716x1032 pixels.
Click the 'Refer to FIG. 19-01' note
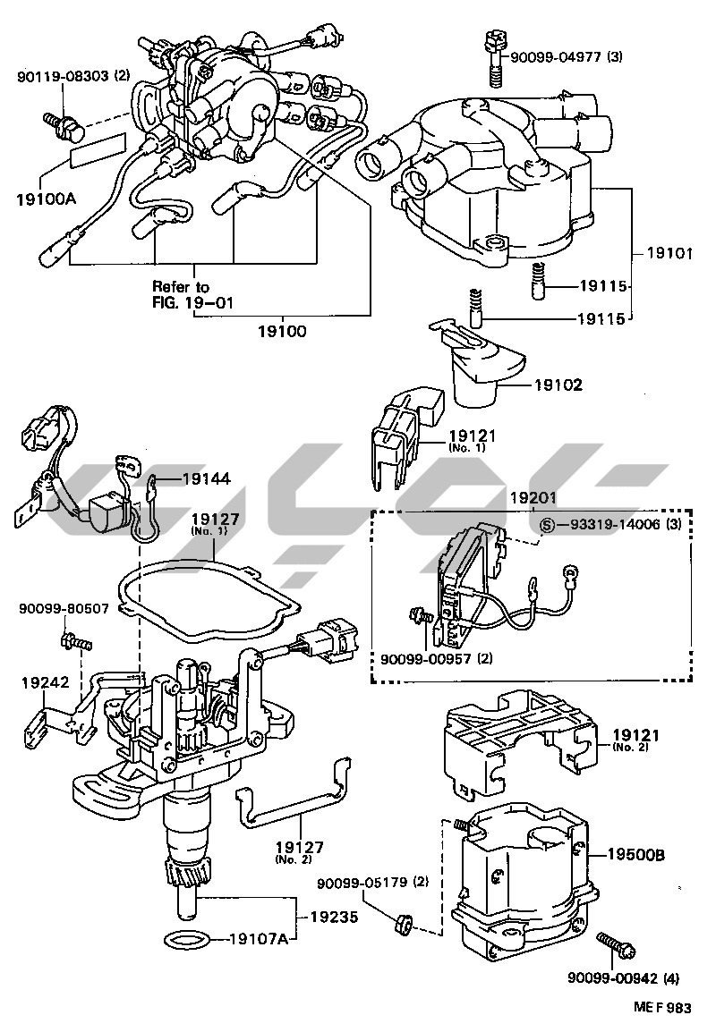coord(192,294)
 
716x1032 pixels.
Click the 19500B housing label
coord(637,855)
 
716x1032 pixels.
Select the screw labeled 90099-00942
coord(615,942)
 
